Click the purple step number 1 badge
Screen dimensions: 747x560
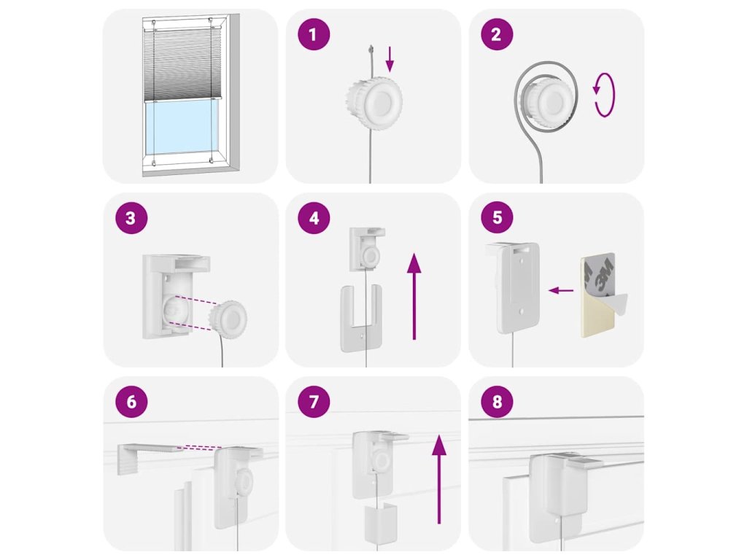coord(314,34)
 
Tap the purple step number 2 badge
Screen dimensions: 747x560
coord(496,34)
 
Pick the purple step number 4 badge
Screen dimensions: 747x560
coord(314,217)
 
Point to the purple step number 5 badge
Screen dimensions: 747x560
coord(497,217)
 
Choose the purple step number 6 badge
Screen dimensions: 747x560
coord(131,402)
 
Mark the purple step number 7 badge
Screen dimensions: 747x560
coord(314,402)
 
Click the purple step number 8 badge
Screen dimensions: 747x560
coord(497,402)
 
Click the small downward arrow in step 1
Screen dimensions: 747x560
coord(390,59)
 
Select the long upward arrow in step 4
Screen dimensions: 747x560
coord(414,296)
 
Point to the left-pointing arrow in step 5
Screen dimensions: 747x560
coord(561,290)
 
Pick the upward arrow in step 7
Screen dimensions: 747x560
coord(438,479)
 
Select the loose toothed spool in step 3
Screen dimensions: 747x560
coord(228,316)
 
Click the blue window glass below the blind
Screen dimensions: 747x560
coord(181,127)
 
